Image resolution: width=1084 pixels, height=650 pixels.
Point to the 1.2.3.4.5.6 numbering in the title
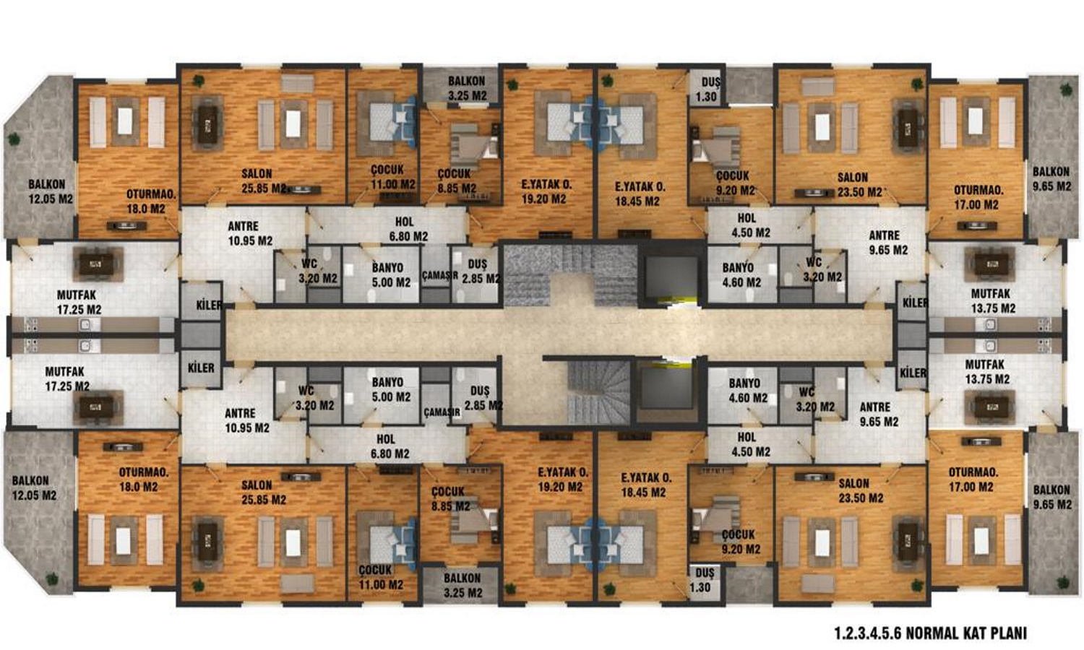(x=868, y=633)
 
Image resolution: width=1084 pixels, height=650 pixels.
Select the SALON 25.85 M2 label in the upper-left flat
(x=264, y=181)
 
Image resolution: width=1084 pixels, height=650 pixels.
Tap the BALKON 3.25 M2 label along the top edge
(x=467, y=89)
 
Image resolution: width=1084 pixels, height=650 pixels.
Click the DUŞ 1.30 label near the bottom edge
(x=704, y=581)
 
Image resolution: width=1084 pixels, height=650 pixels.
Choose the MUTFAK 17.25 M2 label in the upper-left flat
(x=79, y=303)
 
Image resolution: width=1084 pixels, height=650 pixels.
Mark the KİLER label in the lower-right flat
(x=913, y=373)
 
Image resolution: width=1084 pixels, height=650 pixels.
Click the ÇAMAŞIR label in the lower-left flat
(x=442, y=412)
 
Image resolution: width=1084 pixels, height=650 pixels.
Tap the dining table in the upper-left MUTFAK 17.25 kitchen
(x=97, y=264)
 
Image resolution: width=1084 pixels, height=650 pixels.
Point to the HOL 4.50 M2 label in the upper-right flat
(x=750, y=225)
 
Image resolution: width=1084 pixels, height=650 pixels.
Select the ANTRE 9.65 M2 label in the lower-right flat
(x=879, y=415)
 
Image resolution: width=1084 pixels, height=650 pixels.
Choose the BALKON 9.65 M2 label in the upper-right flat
(x=1051, y=179)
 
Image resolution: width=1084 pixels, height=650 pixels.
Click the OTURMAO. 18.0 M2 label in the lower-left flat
(x=143, y=480)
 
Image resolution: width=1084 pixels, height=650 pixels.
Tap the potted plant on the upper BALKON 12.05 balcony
(x=14, y=139)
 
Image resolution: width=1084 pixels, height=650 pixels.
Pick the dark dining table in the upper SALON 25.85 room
(x=207, y=123)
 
